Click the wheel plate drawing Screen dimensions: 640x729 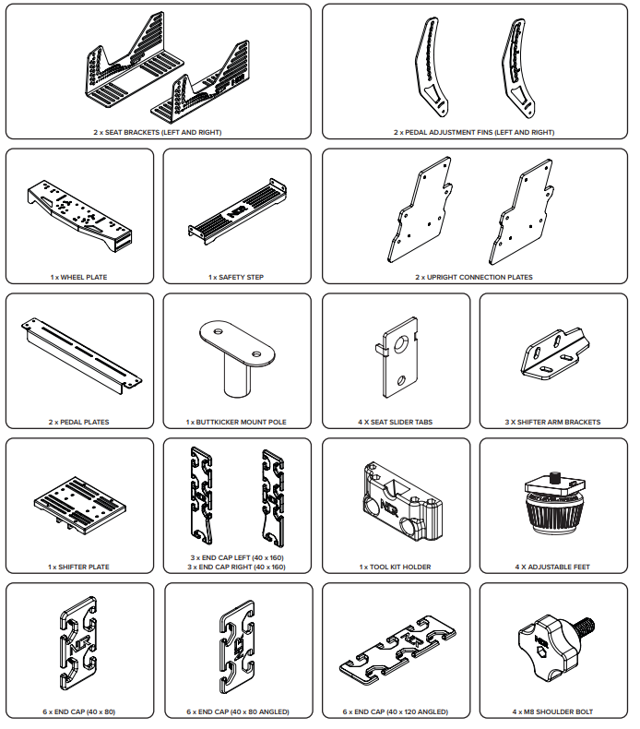click(x=79, y=216)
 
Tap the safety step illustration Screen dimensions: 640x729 click(x=237, y=211)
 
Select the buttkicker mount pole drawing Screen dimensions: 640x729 click(x=237, y=358)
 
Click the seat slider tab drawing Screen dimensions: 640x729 click(x=396, y=357)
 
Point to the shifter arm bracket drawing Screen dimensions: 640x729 click(x=554, y=353)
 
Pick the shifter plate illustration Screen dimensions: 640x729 click(x=80, y=505)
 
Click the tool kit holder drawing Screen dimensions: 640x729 click(x=402, y=502)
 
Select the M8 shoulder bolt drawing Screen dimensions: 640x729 click(x=555, y=648)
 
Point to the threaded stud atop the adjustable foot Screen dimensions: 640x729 click(x=554, y=477)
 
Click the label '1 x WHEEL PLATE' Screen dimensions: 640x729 click(x=79, y=277)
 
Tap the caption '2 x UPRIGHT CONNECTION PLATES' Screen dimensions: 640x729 click(x=474, y=277)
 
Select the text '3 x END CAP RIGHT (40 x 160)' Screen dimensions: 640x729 click(x=237, y=567)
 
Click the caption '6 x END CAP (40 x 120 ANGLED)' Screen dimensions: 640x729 click(x=396, y=711)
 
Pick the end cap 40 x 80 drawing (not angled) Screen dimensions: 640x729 click(x=78, y=643)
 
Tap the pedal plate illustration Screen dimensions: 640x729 click(x=81, y=355)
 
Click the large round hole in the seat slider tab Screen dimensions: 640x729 click(x=400, y=344)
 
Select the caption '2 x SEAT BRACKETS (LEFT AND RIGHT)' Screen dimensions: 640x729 click(x=158, y=132)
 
